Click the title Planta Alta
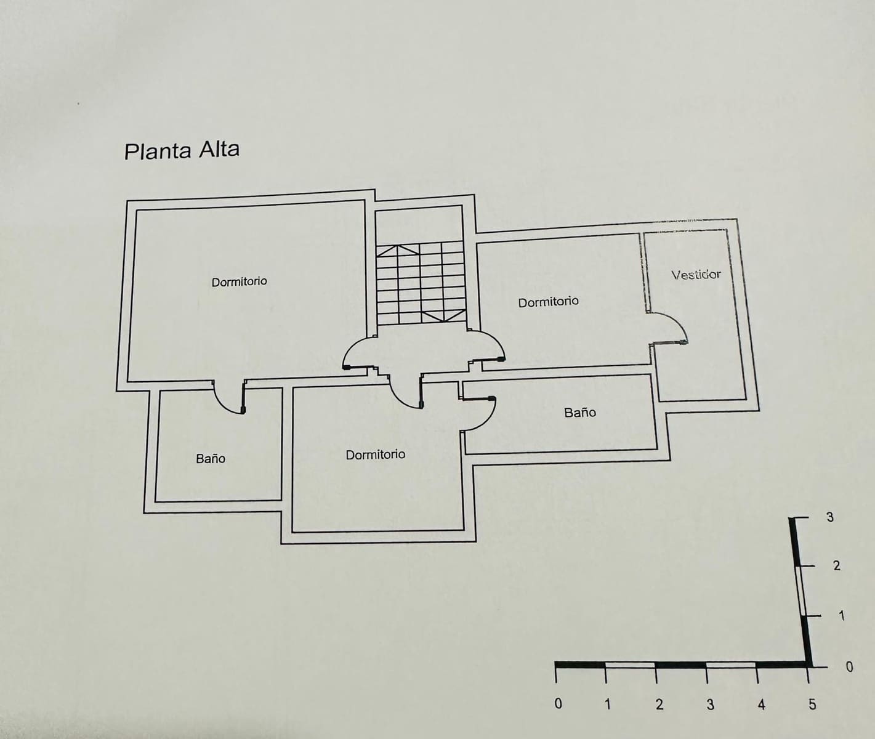coord(182,150)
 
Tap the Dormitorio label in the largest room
coord(239,281)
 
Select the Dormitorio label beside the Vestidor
coord(548,302)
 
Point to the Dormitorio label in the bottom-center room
coord(375,454)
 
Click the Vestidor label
coord(696,275)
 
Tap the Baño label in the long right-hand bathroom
coord(580,413)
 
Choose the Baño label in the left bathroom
coord(211,459)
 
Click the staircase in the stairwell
coord(421,283)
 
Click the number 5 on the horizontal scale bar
coord(812,705)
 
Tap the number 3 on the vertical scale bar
coord(830,517)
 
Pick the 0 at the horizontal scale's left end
coord(558,703)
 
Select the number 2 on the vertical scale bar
coord(836,565)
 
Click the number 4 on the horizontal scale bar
coord(762,705)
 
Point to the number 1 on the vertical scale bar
coord(842,616)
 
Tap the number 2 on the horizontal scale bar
coord(659,705)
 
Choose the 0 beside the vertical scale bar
coord(850,666)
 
